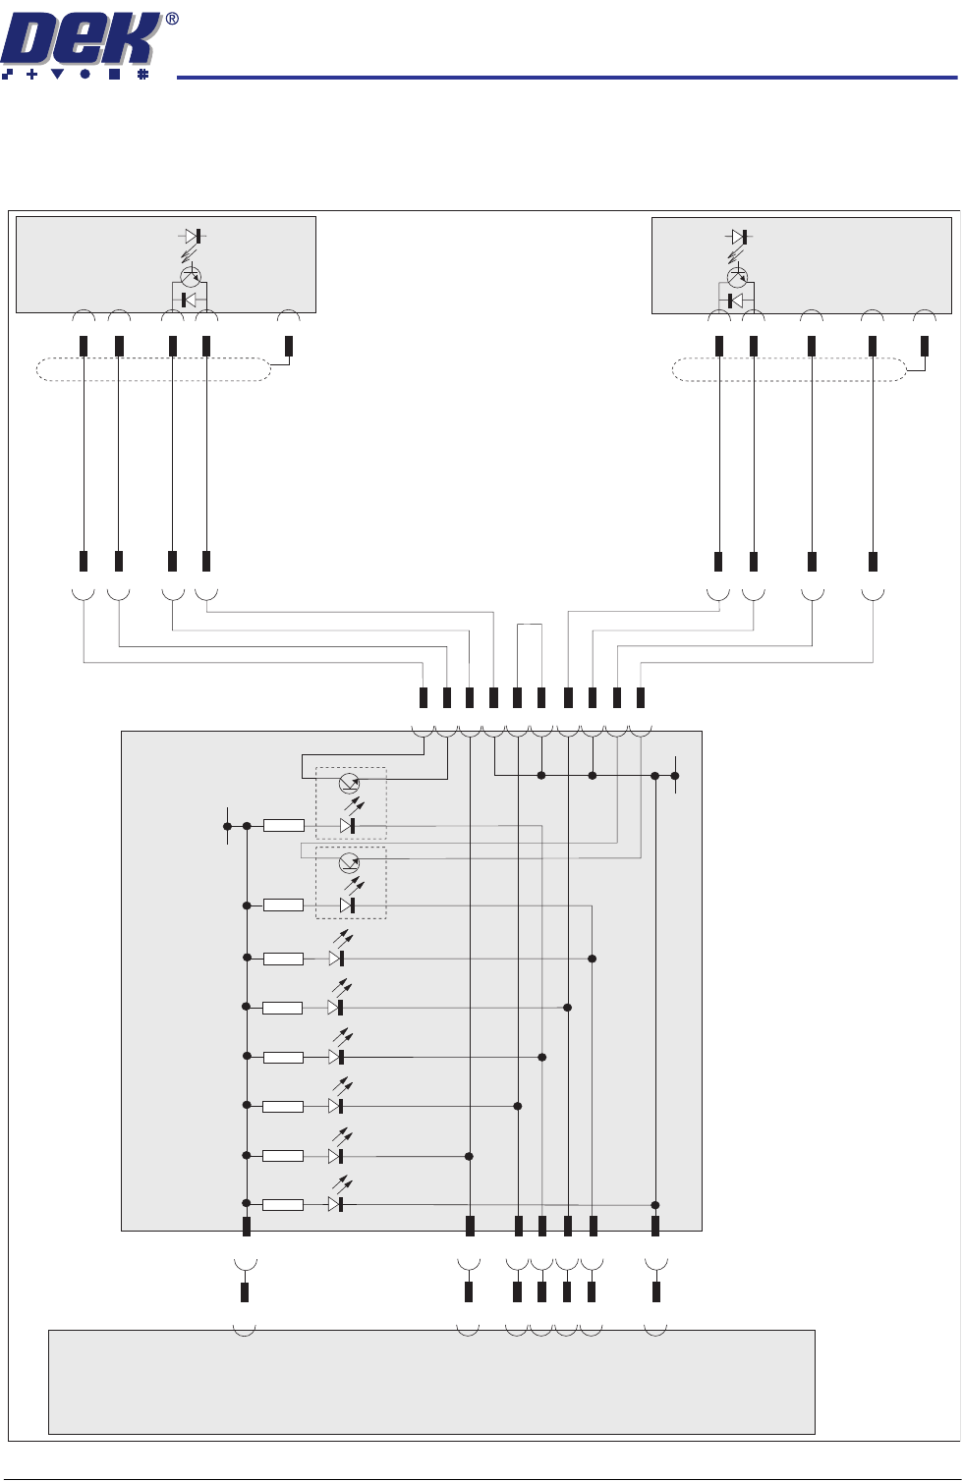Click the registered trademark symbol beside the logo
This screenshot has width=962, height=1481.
point(172,19)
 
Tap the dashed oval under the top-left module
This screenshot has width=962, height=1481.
point(152,370)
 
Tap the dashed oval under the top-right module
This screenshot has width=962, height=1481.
point(788,370)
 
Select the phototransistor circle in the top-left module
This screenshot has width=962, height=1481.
point(191,277)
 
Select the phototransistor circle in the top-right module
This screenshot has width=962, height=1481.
point(736,278)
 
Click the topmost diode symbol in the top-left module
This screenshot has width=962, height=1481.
point(192,236)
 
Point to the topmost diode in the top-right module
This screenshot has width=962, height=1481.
point(739,237)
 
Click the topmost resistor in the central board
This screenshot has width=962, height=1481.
point(283,826)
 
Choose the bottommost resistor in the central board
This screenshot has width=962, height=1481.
point(283,1205)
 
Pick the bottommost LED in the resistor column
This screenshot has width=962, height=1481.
point(336,1204)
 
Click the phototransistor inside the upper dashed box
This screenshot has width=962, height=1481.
point(349,783)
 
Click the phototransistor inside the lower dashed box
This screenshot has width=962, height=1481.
point(349,863)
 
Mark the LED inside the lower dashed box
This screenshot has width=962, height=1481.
point(347,905)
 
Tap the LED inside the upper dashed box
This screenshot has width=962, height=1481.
point(347,826)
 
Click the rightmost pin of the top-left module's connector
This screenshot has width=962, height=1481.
point(288,346)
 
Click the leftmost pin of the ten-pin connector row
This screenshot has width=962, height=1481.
point(424,697)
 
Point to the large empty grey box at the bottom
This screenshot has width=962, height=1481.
point(431,1382)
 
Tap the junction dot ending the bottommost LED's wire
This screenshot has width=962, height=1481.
point(655,1205)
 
